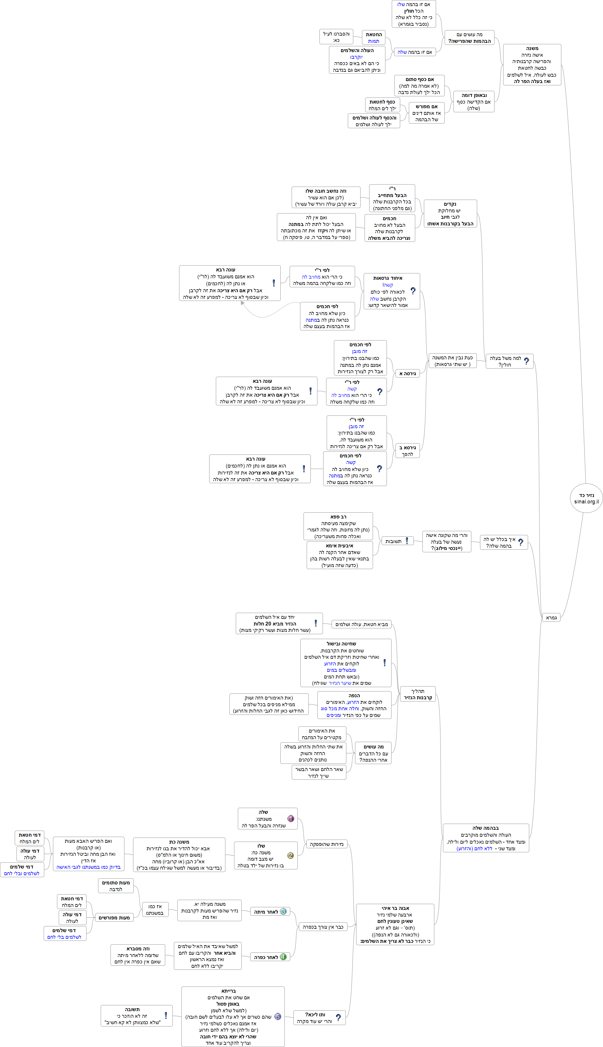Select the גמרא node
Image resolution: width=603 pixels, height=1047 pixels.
[x=551, y=618]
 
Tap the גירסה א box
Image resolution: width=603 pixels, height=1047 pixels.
[x=407, y=373]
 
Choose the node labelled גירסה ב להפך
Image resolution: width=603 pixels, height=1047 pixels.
[x=407, y=451]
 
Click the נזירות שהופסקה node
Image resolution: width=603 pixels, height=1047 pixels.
[x=326, y=844]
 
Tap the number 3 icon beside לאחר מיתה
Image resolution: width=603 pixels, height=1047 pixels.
[x=283, y=911]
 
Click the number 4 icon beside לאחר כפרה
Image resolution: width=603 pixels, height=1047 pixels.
[x=283, y=957]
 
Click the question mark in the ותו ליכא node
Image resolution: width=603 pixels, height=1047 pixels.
[x=338, y=1017]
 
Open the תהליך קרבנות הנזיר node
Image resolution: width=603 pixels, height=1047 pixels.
[x=418, y=694]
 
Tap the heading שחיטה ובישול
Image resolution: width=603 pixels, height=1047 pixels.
[x=341, y=644]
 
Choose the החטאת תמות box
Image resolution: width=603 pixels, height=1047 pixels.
[x=374, y=38]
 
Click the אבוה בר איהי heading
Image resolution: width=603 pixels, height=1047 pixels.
[x=395, y=908]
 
